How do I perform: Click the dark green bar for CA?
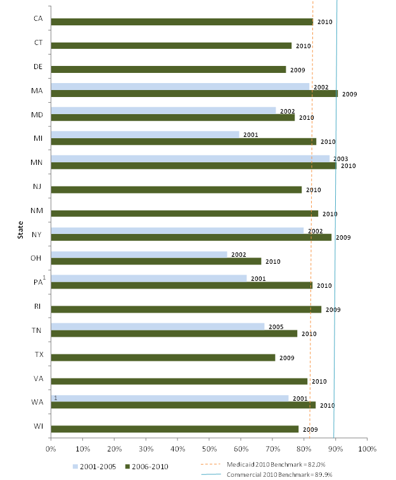[182, 22]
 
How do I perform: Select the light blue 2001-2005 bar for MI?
[145, 134]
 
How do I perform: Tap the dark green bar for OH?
[156, 261]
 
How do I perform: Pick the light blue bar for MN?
[190, 159]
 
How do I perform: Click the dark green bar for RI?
[186, 309]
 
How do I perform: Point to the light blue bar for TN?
[158, 327]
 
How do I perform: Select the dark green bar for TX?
[163, 358]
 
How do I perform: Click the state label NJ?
[37, 186]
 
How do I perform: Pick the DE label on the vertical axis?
[37, 67]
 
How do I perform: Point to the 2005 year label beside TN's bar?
[276, 327]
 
